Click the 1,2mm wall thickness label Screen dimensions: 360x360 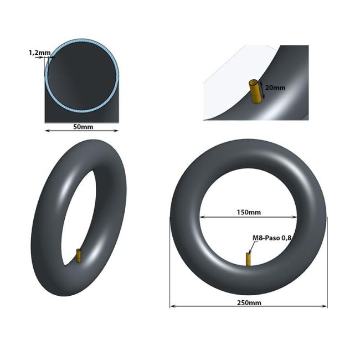tap(39, 53)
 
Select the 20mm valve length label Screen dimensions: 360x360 tap(275, 88)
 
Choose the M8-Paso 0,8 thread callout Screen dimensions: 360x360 tap(271, 238)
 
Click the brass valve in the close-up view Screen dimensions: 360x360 tap(255, 91)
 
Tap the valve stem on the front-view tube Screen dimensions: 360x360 tap(248, 260)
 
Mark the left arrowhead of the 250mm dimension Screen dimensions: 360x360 tap(172, 306)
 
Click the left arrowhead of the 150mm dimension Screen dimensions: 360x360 tap(202, 217)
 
